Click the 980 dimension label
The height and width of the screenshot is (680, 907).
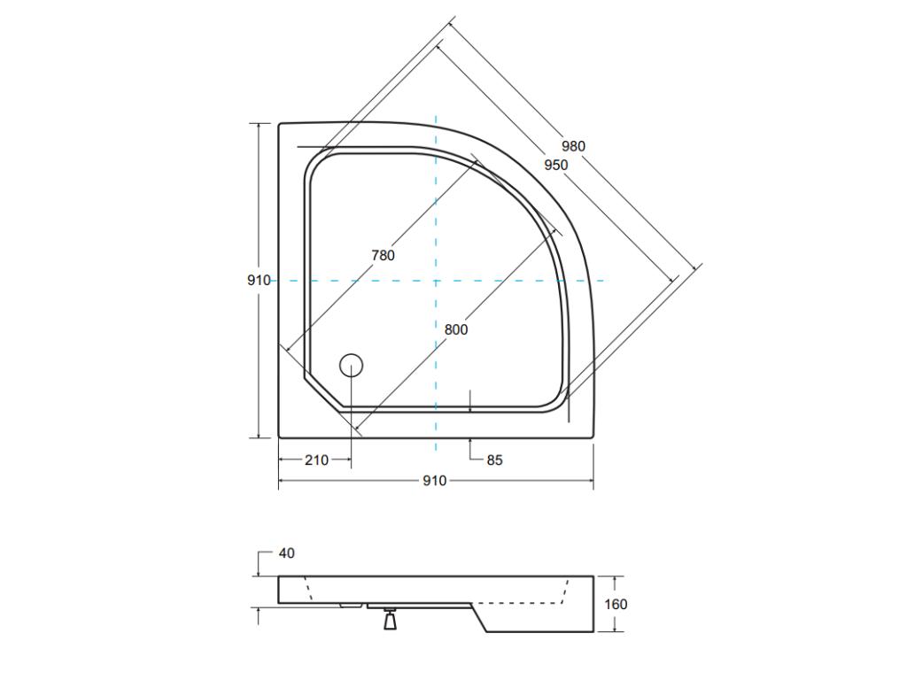(573, 146)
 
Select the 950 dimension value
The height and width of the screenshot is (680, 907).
(556, 166)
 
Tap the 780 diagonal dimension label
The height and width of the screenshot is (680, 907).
(383, 255)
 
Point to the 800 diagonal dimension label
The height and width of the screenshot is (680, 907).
(456, 330)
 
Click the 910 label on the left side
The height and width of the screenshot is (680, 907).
(259, 281)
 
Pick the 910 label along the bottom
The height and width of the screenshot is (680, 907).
(435, 481)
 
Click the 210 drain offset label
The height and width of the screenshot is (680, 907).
(316, 460)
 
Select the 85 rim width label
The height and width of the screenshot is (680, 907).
(494, 460)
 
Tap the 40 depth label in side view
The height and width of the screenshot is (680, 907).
(286, 553)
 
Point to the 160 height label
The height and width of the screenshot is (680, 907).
(616, 604)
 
